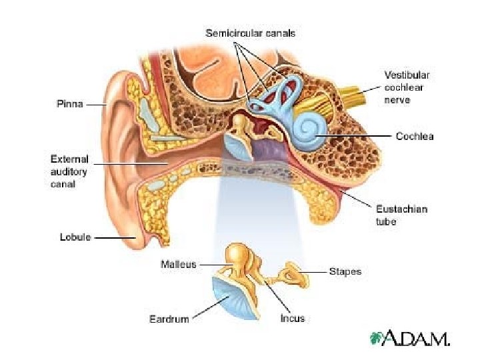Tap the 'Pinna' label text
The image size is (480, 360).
click(69, 104)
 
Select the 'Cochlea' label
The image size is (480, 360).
click(414, 136)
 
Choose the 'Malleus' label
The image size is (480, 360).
click(178, 264)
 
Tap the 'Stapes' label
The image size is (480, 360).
click(345, 272)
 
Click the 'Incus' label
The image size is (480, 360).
click(292, 318)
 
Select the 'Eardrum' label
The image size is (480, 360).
click(169, 319)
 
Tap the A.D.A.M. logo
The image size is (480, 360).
click(410, 338)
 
